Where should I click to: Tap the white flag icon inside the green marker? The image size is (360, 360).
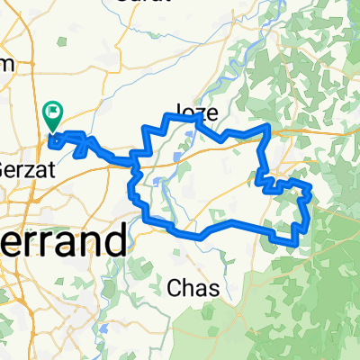pos(54,112)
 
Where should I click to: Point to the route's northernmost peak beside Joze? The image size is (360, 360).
pos(197,115)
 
